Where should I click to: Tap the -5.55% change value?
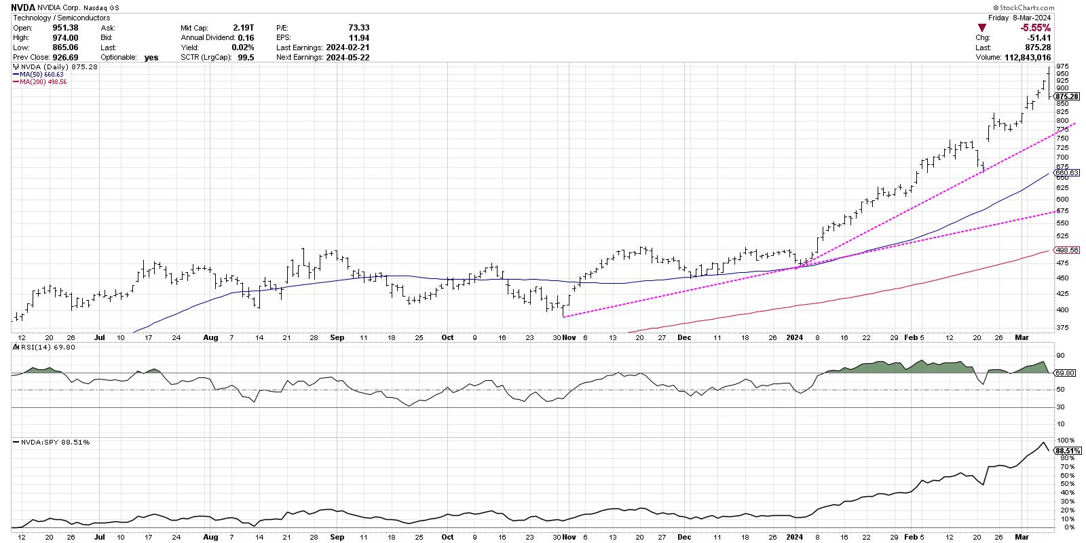pyautogui.click(x=1036, y=28)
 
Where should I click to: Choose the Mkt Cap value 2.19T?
pyautogui.click(x=243, y=28)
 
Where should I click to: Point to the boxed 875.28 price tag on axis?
pyautogui.click(x=1067, y=97)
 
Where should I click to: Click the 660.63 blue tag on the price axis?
pyautogui.click(x=1067, y=173)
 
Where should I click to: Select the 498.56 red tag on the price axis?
pyautogui.click(x=1067, y=250)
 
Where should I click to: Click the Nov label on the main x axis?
pyautogui.click(x=569, y=337)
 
